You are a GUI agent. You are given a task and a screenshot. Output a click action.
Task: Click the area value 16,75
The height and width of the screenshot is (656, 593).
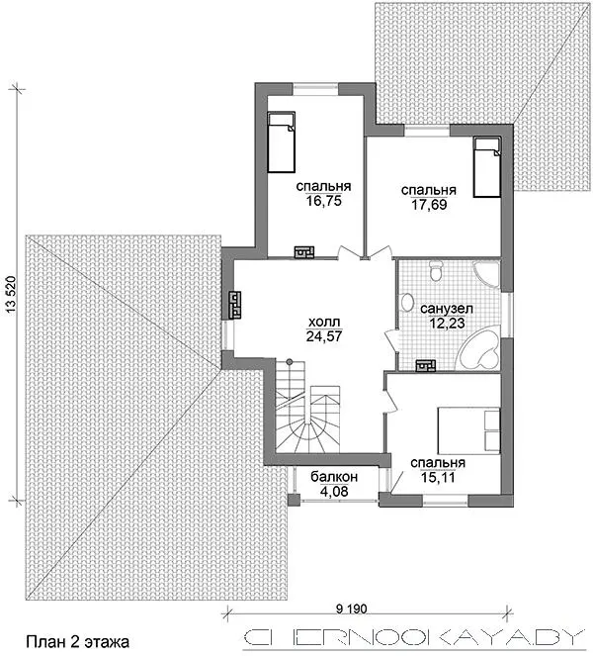[323, 201]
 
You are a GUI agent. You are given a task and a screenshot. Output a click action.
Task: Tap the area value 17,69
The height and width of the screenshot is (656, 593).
[429, 205]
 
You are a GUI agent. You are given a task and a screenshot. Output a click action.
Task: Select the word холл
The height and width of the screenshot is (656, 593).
[324, 322]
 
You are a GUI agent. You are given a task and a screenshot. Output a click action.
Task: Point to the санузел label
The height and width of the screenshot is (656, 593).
[447, 309]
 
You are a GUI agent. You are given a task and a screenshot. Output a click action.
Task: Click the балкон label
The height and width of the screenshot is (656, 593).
[334, 476]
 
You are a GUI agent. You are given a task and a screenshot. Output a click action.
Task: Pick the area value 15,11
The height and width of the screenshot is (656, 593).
[438, 477]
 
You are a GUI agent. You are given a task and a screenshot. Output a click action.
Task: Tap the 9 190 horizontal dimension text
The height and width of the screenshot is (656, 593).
[351, 609]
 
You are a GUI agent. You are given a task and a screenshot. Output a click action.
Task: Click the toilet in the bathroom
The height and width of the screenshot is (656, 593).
[437, 271]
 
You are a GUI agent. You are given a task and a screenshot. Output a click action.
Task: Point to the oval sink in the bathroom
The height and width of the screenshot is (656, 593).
[406, 302]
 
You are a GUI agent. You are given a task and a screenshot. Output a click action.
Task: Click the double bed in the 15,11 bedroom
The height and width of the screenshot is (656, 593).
[468, 430]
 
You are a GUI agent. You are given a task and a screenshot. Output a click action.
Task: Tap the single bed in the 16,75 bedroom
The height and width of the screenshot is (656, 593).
[282, 141]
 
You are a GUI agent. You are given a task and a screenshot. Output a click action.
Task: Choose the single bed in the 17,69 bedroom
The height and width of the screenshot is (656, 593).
[487, 166]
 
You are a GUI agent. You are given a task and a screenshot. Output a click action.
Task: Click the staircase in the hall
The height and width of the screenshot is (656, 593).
[307, 407]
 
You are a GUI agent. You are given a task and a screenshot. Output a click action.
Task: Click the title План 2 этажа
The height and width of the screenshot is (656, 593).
[78, 641]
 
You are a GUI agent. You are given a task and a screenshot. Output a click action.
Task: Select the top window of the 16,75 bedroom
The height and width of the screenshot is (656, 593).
[315, 88]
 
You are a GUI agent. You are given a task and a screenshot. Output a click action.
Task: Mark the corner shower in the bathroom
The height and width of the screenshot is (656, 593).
[486, 274]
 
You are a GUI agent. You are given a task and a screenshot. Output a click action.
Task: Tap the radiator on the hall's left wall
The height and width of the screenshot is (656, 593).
[235, 306]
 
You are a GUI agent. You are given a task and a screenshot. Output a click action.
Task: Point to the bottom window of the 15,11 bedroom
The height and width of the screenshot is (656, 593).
[445, 499]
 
